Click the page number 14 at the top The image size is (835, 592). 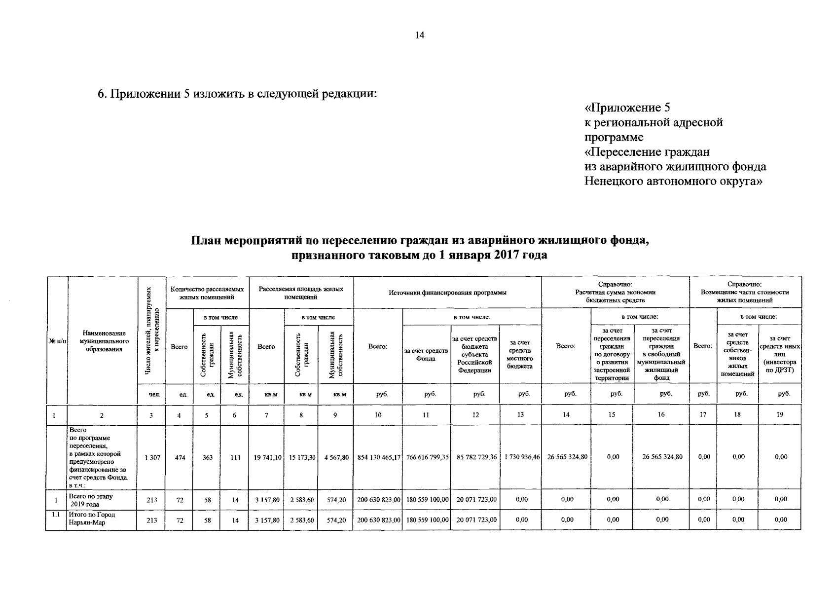pyautogui.click(x=420, y=35)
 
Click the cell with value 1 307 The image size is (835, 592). pyautogui.click(x=152, y=457)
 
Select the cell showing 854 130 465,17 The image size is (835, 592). pyautogui.click(x=378, y=457)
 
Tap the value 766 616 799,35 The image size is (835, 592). pyautogui.click(x=427, y=457)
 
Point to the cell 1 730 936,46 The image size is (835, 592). pyautogui.click(x=521, y=457)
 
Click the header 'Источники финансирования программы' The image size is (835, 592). pyautogui.click(x=447, y=293)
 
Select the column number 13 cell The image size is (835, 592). pyautogui.click(x=520, y=415)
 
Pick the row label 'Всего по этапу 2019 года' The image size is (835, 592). pyautogui.click(x=91, y=500)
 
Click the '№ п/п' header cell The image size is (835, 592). pyautogui.click(x=57, y=341)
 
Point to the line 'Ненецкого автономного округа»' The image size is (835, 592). pyautogui.click(x=673, y=181)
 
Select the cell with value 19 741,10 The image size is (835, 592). pyautogui.click(x=267, y=457)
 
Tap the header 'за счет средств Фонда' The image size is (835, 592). pyautogui.click(x=426, y=355)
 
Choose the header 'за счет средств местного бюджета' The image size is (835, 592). pyautogui.click(x=520, y=355)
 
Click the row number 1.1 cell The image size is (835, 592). pyautogui.click(x=56, y=515)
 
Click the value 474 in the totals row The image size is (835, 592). pyautogui.click(x=180, y=457)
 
